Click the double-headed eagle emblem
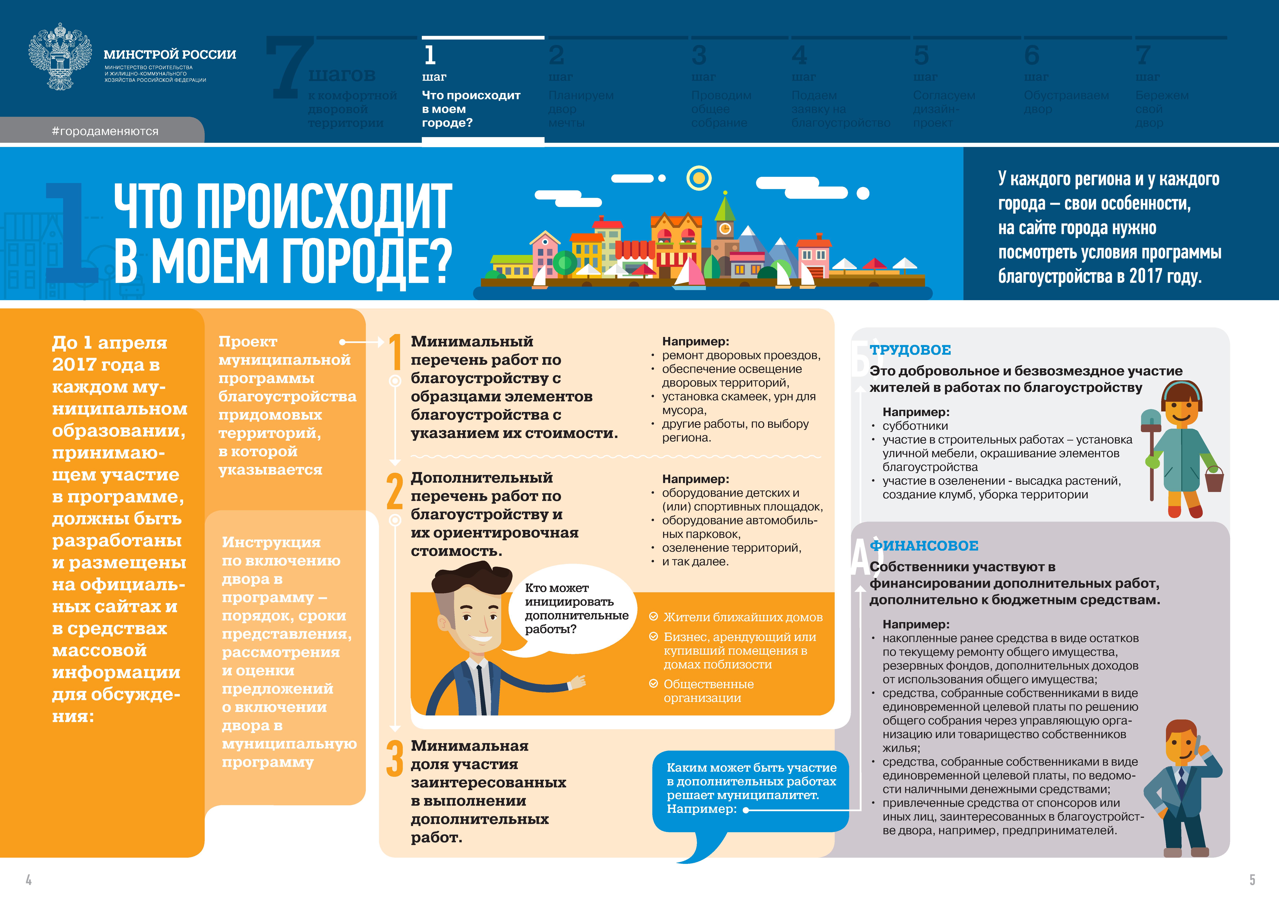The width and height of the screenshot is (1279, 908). [x=60, y=56]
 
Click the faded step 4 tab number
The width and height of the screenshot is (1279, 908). [x=800, y=55]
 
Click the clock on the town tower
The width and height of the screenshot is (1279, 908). [x=725, y=229]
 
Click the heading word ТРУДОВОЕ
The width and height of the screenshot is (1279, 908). [x=910, y=350]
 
